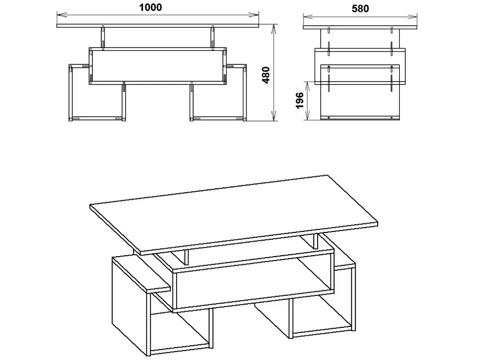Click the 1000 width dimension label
(150, 7)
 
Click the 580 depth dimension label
(360, 8)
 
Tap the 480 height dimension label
(266, 75)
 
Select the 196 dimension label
(300, 100)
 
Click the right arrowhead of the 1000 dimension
(254, 14)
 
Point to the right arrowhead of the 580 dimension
(412, 15)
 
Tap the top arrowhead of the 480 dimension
(274, 30)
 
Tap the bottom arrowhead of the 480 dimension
(274, 116)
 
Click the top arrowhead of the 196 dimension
(307, 87)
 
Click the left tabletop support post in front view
(103, 37)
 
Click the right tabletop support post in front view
(212, 37)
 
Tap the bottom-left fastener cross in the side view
(329, 118)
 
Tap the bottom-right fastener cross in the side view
(392, 118)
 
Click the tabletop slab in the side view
(360, 28)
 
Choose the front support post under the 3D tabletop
(187, 257)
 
